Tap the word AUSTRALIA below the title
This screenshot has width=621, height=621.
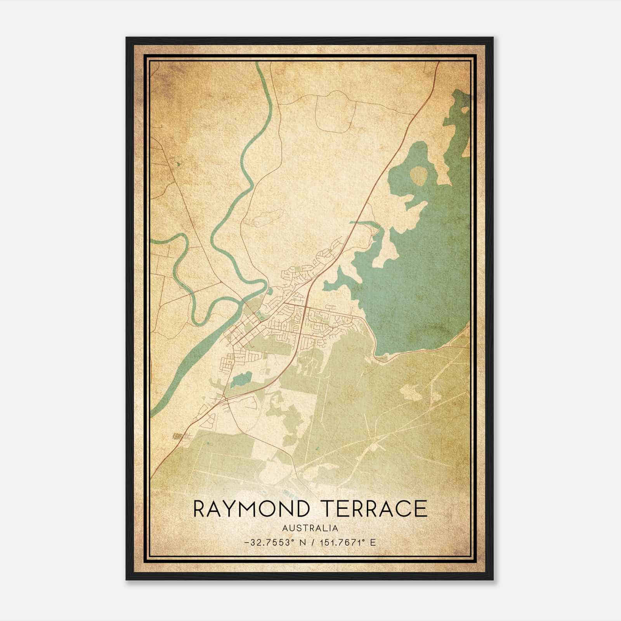pyautogui.click(x=310, y=528)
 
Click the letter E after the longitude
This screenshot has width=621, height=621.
pyautogui.click(x=373, y=543)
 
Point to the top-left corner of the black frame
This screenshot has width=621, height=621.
pyautogui.click(x=127, y=38)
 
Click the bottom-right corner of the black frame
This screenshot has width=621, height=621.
pyautogui.click(x=493, y=579)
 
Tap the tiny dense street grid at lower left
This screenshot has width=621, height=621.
pyautogui.click(x=179, y=436)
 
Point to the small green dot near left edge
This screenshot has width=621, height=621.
pyautogui.click(x=178, y=164)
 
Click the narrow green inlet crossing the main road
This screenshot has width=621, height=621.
pyautogui.click(x=363, y=223)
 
